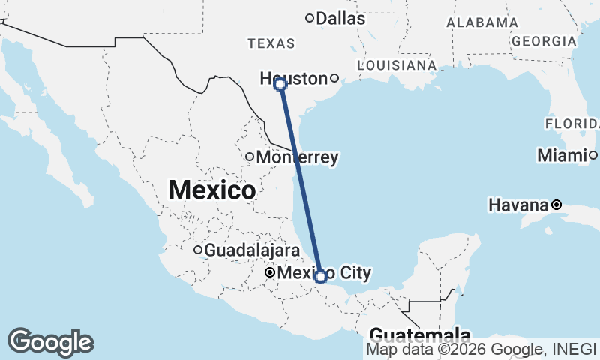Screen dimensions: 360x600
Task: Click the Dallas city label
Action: click(x=340, y=18)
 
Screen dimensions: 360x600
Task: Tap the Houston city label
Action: click(x=294, y=78)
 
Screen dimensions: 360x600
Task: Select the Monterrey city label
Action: click(x=297, y=157)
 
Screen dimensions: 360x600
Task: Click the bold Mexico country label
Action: click(x=211, y=190)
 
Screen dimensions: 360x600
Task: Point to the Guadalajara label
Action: click(x=252, y=250)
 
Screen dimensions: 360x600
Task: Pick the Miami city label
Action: click(x=561, y=155)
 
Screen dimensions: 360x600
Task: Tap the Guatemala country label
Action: click(x=420, y=335)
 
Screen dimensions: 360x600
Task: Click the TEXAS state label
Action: click(x=271, y=44)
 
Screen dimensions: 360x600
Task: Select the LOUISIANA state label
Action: click(x=397, y=65)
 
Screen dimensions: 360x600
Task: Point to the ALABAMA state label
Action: click(x=481, y=22)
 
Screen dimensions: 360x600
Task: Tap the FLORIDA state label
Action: click(x=571, y=123)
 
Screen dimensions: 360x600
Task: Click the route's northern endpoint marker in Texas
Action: click(x=280, y=84)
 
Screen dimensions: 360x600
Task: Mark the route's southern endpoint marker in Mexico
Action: click(x=321, y=277)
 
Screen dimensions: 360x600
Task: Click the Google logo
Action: click(x=51, y=342)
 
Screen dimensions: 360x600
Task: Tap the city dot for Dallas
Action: click(x=309, y=18)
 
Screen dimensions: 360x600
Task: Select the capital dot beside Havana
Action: click(x=556, y=205)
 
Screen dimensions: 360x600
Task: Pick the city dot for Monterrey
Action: click(x=250, y=157)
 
